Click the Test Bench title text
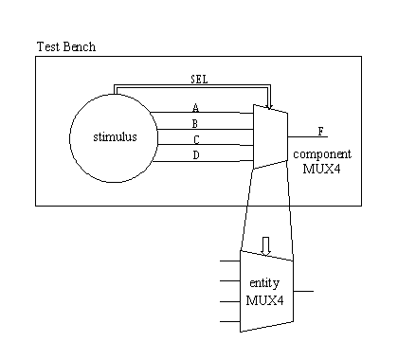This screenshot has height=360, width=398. [x=66, y=46]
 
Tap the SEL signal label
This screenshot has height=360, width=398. [x=199, y=80]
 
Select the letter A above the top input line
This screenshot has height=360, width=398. [x=196, y=108]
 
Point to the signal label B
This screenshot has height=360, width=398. [x=195, y=123]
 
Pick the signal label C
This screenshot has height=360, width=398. [x=196, y=139]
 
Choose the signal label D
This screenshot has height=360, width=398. [x=196, y=155]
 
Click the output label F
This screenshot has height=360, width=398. [x=321, y=132]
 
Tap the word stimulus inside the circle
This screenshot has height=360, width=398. [x=115, y=136]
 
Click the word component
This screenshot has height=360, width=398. [x=322, y=154]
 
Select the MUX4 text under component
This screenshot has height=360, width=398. [x=321, y=169]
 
